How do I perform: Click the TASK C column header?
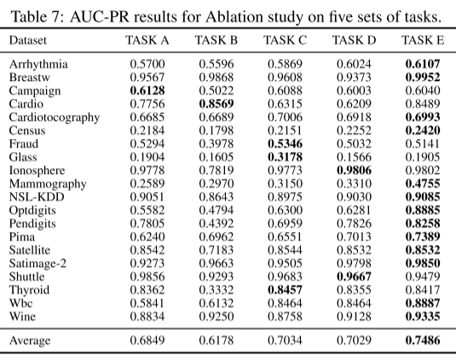pos(285,40)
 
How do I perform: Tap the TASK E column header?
pos(423,40)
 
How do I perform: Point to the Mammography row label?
pos(48,183)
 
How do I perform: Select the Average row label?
pos(32,341)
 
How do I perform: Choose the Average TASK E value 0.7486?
pos(423,341)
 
